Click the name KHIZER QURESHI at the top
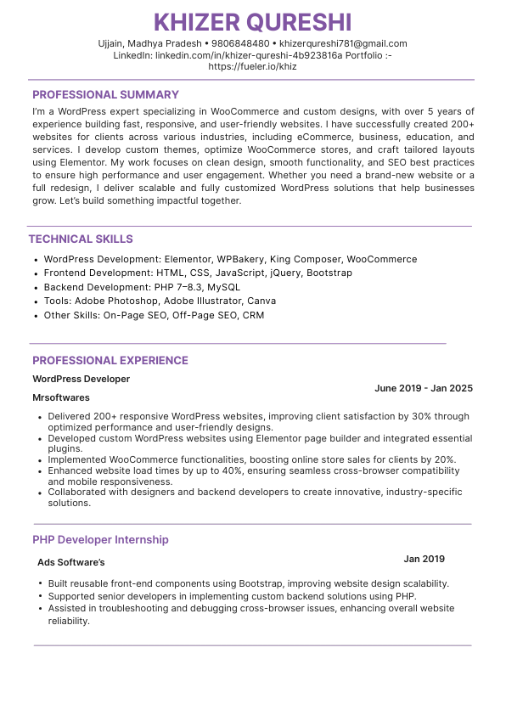[253, 22]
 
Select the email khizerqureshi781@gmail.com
[343, 43]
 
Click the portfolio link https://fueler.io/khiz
[252, 66]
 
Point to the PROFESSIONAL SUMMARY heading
[105, 95]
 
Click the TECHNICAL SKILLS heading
[81, 239]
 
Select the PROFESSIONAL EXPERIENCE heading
[110, 360]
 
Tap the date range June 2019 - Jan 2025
[423, 388]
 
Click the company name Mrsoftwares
[61, 397]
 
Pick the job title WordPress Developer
[81, 379]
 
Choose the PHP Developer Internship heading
[100, 539]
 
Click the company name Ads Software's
[71, 562]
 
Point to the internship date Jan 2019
[424, 559]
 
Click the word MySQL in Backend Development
[223, 287]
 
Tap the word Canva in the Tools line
[261, 301]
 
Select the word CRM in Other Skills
[253, 315]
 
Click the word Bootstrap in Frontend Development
[329, 273]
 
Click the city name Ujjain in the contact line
[112, 43]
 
